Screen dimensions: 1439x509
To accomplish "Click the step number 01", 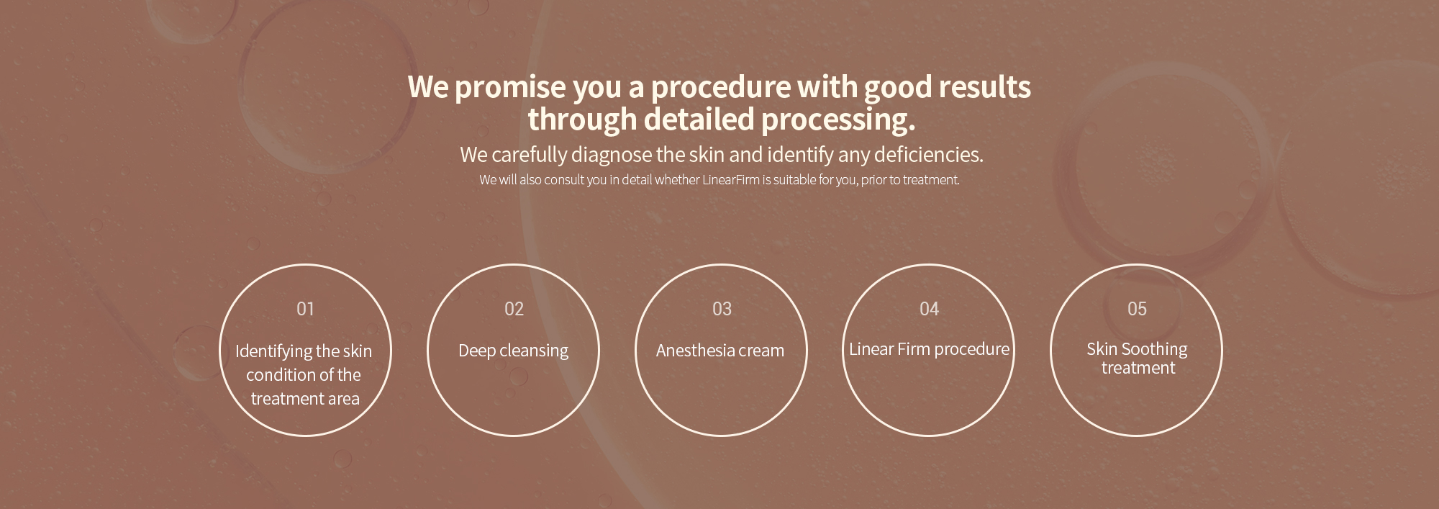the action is click(305, 309).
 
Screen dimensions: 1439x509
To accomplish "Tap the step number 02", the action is click(514, 309).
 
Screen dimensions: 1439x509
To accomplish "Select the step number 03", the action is click(722, 309).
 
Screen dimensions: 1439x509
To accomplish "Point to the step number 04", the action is click(929, 309).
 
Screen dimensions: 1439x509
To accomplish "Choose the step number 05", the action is click(1137, 309).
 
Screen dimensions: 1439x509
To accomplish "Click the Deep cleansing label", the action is click(513, 351).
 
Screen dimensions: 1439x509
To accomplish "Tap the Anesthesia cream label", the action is click(720, 351).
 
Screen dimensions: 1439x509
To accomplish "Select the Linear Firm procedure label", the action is click(929, 349).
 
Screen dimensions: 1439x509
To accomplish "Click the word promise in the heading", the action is click(510, 88).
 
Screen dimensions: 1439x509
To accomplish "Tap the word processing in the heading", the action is click(838, 120).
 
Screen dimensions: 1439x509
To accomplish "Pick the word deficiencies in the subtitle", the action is click(928, 154).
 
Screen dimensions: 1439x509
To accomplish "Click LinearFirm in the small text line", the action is click(730, 180).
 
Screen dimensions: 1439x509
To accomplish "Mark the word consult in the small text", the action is click(564, 180).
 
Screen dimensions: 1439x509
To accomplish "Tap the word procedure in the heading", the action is click(721, 88).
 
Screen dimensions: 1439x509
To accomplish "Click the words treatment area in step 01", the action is click(305, 399).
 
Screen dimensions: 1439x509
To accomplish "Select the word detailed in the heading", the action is click(699, 120).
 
